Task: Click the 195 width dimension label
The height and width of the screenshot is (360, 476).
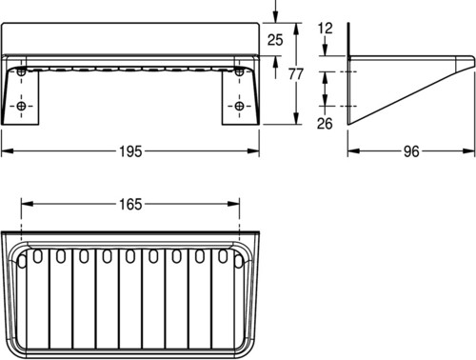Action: coord(130,151)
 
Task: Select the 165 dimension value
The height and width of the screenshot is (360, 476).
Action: coord(130,204)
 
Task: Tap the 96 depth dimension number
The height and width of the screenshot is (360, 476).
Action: coord(411,151)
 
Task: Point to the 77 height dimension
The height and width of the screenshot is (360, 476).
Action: coord(296,74)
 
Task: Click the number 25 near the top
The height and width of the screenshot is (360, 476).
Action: coord(275,40)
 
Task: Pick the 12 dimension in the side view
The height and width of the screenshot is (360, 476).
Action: coord(325,29)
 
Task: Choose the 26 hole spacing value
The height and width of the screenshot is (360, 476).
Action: coord(325,123)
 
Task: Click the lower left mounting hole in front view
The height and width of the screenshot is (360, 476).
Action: coord(21,106)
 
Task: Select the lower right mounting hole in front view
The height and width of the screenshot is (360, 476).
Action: coord(239,106)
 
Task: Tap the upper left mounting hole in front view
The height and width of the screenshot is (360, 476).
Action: coord(21,71)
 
